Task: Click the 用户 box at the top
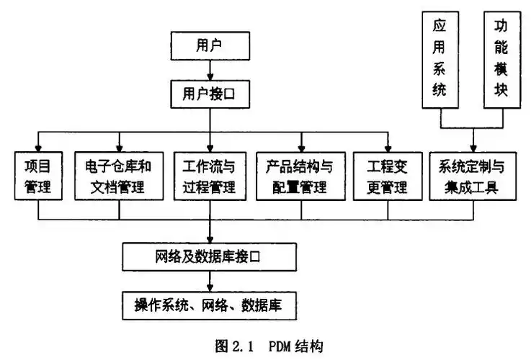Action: [209, 46]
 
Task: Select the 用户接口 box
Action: [209, 93]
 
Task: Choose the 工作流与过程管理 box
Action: [210, 177]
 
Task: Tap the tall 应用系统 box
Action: [439, 60]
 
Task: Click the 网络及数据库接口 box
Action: [210, 256]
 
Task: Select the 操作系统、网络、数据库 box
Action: [210, 305]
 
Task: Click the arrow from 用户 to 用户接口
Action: [209, 69]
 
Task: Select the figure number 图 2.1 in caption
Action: [234, 344]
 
